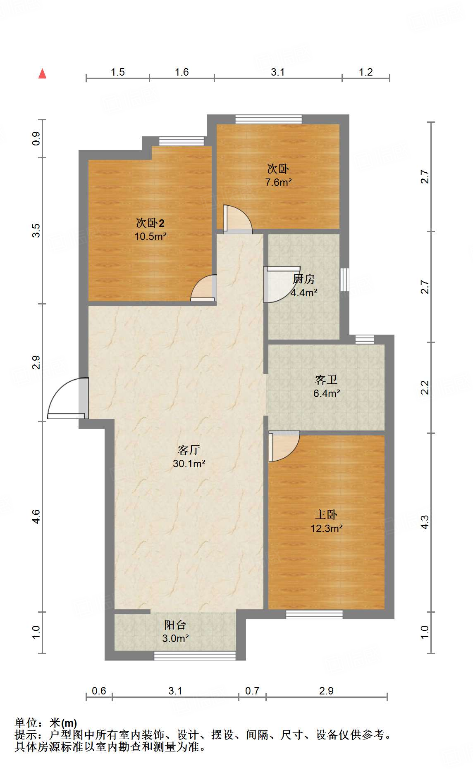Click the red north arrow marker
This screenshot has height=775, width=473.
tap(42, 74)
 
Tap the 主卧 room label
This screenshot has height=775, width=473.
tap(326, 514)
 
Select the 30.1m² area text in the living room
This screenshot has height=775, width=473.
tap(189, 464)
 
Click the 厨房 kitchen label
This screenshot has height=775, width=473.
tap(304, 279)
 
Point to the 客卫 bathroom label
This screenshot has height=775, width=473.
tap(326, 380)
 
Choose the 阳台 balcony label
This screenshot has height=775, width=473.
tap(175, 625)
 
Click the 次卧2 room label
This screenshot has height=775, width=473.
tap(150, 223)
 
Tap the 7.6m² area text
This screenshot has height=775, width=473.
tap(278, 182)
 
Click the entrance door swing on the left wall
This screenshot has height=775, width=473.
tap(66, 399)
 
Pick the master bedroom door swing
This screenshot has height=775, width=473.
tap(283, 446)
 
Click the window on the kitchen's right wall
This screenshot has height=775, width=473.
tap(344, 280)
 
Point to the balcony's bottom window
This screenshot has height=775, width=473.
tap(195, 656)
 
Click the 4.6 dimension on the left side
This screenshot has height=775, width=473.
tap(36, 516)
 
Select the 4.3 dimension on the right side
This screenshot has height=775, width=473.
tap(425, 522)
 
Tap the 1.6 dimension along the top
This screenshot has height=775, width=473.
tap(182, 72)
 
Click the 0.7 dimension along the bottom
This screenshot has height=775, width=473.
tap(252, 691)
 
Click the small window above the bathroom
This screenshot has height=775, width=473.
tap(365, 339)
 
